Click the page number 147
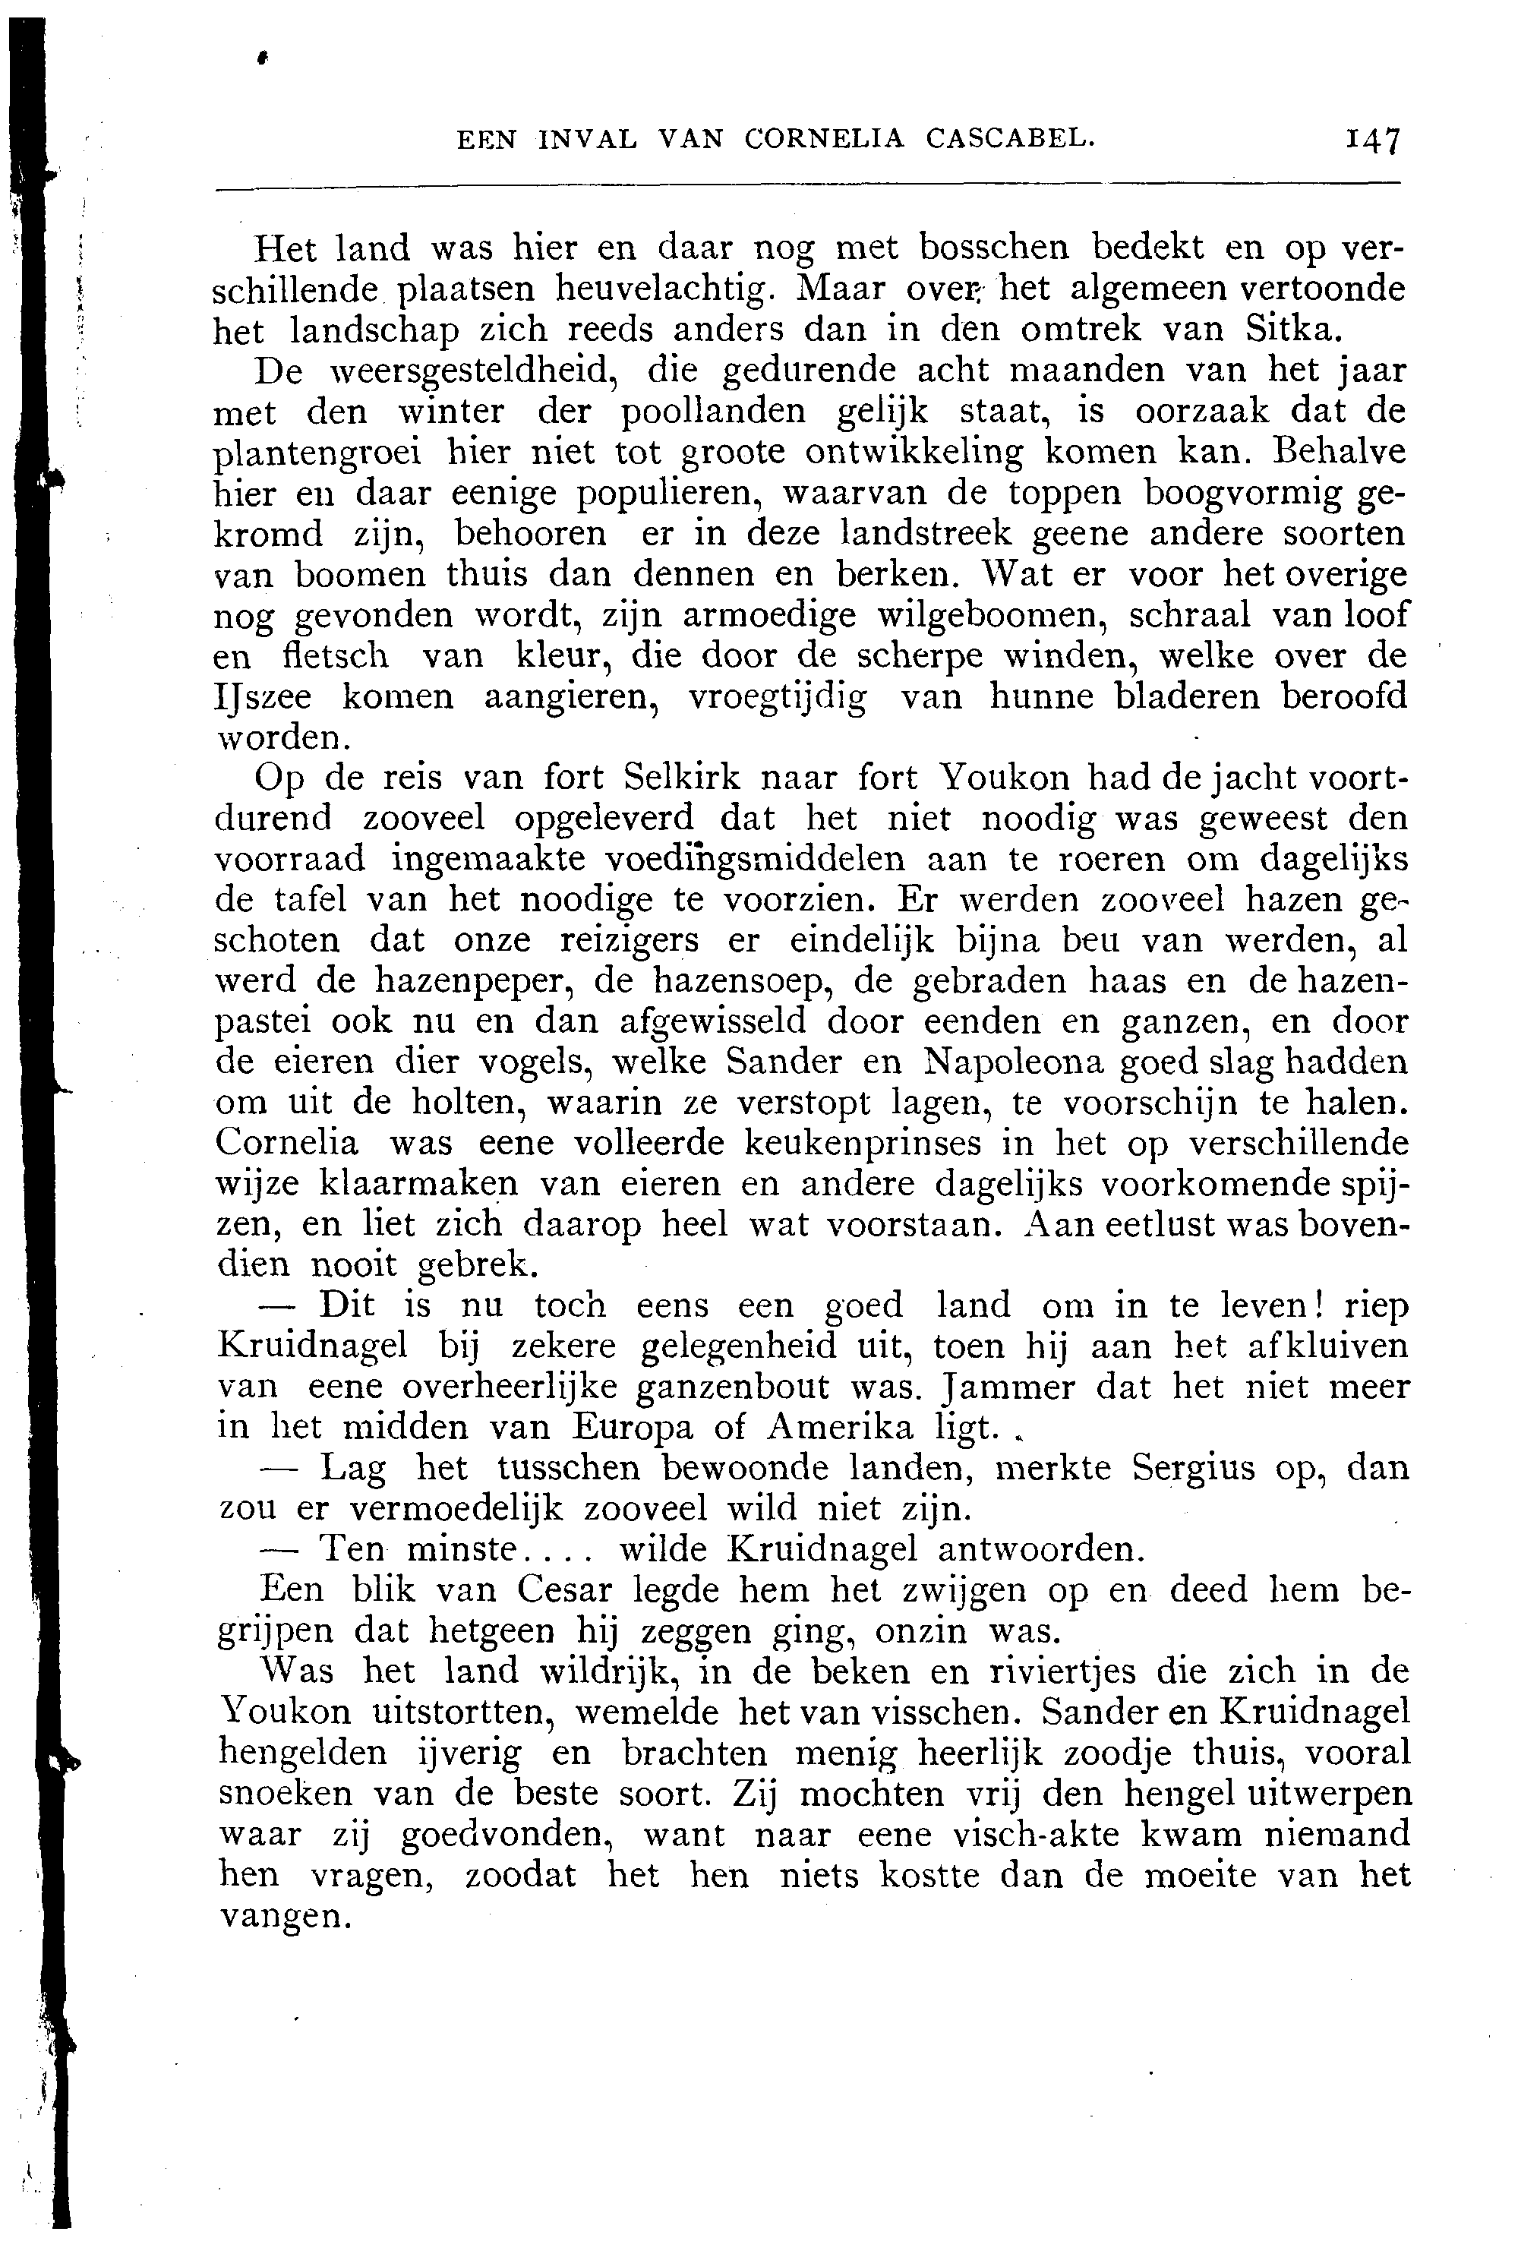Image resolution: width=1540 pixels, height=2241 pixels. (x=1373, y=140)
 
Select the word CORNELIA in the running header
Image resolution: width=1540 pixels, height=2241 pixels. (x=825, y=139)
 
